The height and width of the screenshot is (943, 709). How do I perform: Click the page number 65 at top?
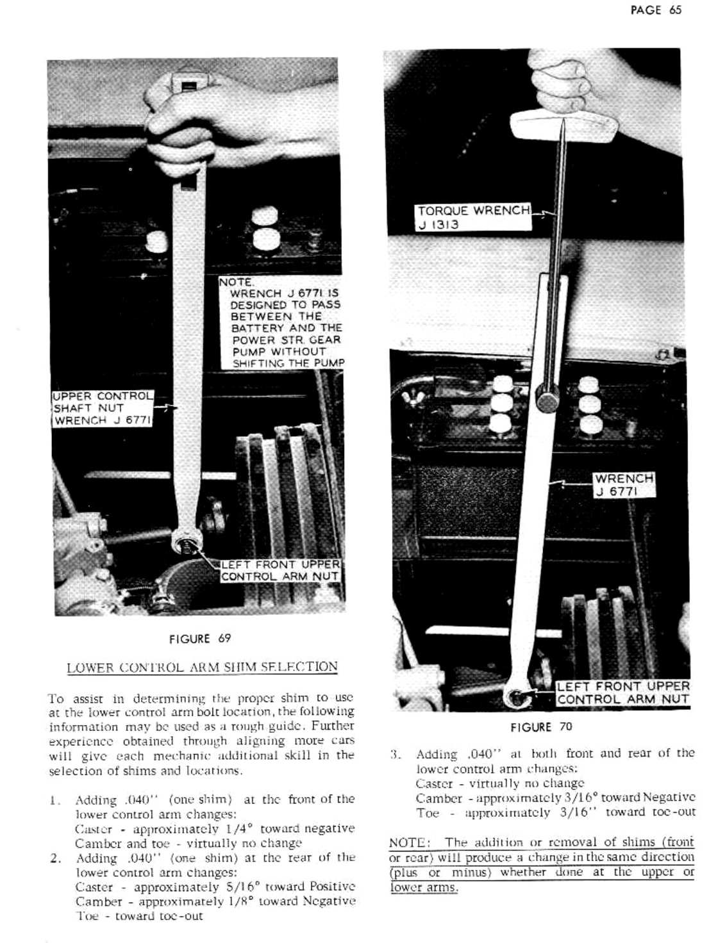tap(674, 10)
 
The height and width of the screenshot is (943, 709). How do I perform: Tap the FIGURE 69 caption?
tap(199, 639)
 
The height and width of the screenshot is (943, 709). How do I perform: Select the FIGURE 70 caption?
tap(541, 727)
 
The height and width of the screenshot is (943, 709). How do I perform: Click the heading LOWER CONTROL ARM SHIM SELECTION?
tap(202, 667)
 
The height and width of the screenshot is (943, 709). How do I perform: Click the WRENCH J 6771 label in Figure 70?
tap(623, 485)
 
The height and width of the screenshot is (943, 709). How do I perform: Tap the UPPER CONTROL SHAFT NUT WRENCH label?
tap(103, 408)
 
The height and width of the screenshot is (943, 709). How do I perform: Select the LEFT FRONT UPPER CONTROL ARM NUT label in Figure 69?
tap(279, 571)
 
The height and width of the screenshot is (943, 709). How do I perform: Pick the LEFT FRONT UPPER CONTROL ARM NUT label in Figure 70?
tap(623, 693)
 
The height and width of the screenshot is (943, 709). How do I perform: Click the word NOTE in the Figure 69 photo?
tap(237, 282)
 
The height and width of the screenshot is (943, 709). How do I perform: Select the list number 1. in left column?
tap(54, 800)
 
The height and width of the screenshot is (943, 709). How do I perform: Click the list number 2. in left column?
tap(55, 858)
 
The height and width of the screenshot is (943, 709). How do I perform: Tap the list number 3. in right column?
tap(396, 755)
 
